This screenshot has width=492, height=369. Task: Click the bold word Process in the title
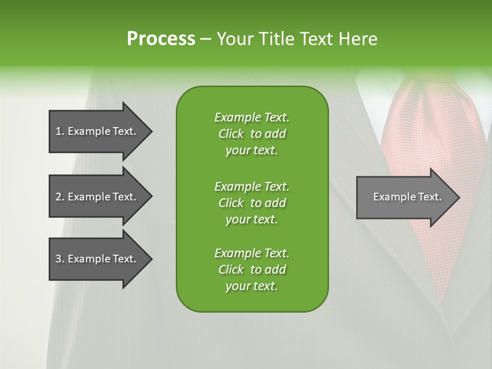click(161, 39)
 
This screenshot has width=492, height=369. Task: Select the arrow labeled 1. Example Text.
click(97, 131)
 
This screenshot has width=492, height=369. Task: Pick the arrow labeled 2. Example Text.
click(97, 197)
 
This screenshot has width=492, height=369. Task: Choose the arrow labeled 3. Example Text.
click(97, 259)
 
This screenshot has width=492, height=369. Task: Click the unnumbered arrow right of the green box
click(405, 197)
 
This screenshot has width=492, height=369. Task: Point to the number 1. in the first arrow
click(59, 131)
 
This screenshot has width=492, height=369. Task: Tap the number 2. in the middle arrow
click(59, 197)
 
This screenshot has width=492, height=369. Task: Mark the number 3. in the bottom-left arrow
click(59, 259)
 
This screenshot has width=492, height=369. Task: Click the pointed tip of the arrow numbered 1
click(150, 131)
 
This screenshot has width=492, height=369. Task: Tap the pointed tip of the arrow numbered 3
click(150, 259)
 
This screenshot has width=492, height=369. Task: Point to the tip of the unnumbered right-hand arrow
click(458, 197)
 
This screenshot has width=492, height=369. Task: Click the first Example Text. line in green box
click(252, 117)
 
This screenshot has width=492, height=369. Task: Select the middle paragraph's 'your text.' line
click(252, 219)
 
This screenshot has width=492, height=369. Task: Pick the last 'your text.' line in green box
click(252, 286)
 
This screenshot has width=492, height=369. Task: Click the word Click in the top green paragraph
click(231, 134)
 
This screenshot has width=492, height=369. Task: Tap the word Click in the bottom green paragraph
click(231, 270)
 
